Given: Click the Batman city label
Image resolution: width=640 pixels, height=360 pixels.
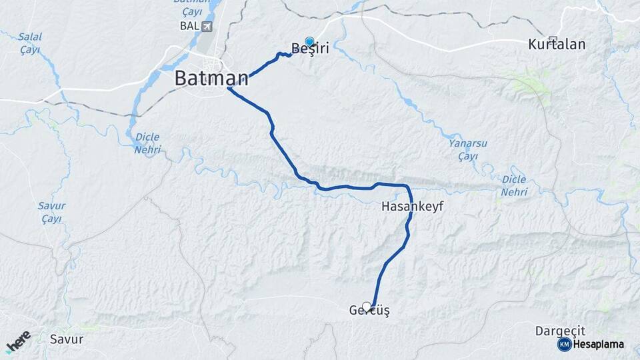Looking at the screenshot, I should click(x=211, y=78).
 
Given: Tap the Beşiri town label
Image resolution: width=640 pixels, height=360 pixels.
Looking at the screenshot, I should click(x=311, y=49).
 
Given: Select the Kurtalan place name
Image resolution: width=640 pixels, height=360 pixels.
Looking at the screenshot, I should click(x=557, y=45).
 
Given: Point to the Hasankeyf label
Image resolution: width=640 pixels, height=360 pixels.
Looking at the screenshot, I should click(x=412, y=207).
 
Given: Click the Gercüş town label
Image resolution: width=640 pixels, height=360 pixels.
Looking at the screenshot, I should click(x=369, y=311).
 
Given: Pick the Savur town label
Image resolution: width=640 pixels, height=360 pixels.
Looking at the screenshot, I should click(x=67, y=339).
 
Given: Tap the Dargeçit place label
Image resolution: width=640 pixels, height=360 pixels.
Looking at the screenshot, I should click(x=560, y=331).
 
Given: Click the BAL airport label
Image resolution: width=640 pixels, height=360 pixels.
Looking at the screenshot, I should click(x=189, y=26).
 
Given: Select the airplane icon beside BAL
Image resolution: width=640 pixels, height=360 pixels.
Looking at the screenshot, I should click(x=207, y=26).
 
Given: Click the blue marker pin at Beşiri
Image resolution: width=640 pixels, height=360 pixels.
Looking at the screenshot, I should click(x=309, y=41).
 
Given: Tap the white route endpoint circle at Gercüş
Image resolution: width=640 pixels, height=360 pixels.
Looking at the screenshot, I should click(x=366, y=307).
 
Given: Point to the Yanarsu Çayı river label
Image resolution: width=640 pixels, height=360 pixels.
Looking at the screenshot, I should click(x=463, y=149).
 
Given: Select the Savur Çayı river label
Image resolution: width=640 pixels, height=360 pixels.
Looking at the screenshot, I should click(x=51, y=212).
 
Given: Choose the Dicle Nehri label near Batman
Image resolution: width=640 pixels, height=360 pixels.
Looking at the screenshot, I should click(x=147, y=143).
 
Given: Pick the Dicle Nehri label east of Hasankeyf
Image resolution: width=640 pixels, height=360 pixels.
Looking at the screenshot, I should click(x=513, y=185).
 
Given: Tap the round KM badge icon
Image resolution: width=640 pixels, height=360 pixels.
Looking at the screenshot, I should click(x=564, y=344).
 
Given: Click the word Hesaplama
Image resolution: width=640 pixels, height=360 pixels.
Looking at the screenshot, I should click(x=598, y=344).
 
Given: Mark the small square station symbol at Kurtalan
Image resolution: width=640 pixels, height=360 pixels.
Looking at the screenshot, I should click(x=552, y=39).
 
